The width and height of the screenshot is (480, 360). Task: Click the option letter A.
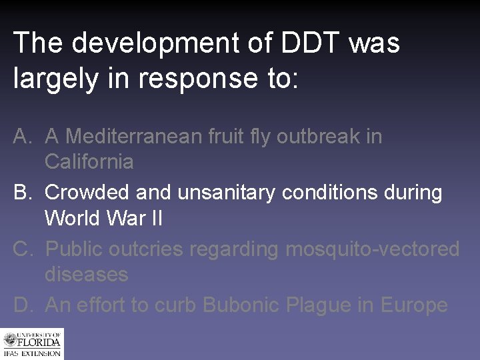22,137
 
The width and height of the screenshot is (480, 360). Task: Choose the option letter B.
22,193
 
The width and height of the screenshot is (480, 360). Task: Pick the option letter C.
22,249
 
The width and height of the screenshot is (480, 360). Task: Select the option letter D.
22,305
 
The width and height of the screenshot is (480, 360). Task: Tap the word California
89,161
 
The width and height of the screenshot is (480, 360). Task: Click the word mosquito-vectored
372,249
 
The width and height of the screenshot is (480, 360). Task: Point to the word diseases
86,274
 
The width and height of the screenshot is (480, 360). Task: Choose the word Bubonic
241,305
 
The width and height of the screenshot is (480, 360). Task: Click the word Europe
414,305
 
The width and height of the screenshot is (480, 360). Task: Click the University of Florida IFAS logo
31,345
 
